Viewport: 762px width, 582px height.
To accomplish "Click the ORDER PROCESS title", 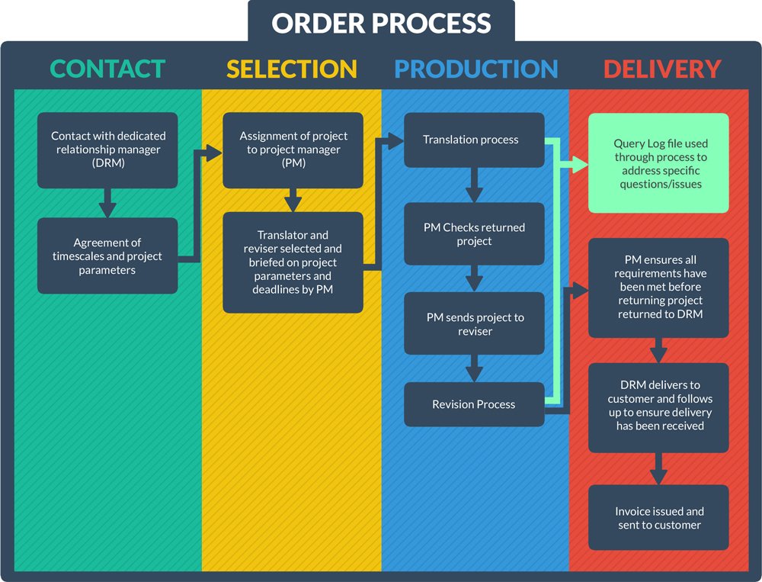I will (381, 22).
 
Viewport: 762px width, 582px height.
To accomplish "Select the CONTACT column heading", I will (107, 69).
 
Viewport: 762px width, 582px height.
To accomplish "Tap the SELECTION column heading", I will (292, 69).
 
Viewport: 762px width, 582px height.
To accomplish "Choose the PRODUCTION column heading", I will (476, 69).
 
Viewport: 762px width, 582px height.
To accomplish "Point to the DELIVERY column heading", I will (661, 69).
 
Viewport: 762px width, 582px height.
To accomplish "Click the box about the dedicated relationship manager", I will (107, 150).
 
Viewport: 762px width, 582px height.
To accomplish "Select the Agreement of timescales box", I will (107, 256).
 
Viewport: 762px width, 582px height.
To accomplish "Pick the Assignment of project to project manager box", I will (293, 150).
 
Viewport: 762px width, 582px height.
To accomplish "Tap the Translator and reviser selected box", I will (293, 262).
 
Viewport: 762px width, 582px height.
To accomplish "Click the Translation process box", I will (474, 140).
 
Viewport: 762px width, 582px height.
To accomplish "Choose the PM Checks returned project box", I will (474, 234).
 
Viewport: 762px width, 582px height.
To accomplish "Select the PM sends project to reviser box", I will (474, 323).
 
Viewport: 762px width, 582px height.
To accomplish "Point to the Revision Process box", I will (474, 404).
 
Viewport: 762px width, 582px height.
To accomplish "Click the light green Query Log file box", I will (658, 163).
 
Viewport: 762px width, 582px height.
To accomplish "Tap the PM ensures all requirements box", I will (658, 288).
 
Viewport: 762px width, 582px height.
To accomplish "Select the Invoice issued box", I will (658, 517).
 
